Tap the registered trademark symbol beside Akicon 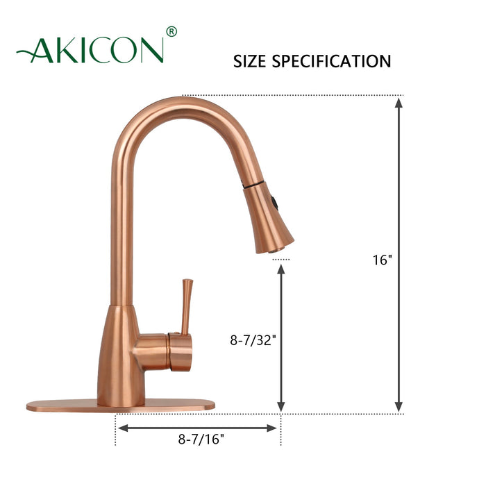point(171,32)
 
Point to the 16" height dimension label point(382,260)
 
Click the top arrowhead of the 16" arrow point(399,103)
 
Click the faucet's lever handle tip point(187,282)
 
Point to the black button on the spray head point(277,203)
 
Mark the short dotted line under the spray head point(280,259)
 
